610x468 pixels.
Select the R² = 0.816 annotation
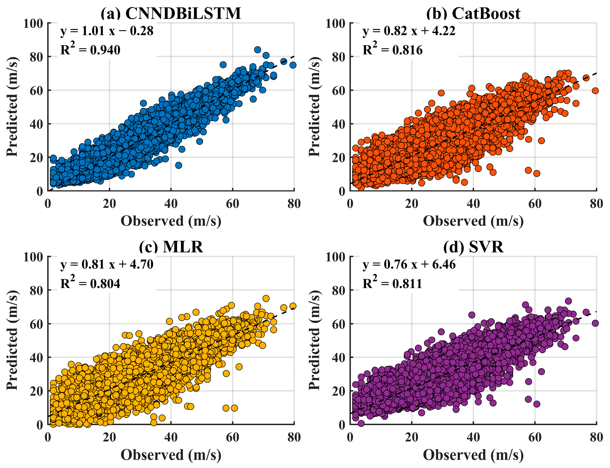click(x=393, y=49)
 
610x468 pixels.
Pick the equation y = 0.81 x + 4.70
click(x=107, y=264)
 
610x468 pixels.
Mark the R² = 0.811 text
click(x=392, y=282)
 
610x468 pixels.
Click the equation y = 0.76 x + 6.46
click(x=409, y=264)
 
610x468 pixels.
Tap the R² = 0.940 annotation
click(x=90, y=49)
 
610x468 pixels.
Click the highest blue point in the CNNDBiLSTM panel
click(x=257, y=50)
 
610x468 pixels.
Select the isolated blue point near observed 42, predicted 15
click(x=178, y=165)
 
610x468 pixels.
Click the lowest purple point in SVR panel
click(x=361, y=424)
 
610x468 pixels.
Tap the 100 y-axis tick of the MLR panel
click(x=33, y=257)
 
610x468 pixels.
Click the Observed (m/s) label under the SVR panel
click(x=473, y=455)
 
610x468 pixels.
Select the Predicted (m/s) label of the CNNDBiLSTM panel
click(x=13, y=107)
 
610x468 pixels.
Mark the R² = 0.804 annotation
click(x=90, y=282)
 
